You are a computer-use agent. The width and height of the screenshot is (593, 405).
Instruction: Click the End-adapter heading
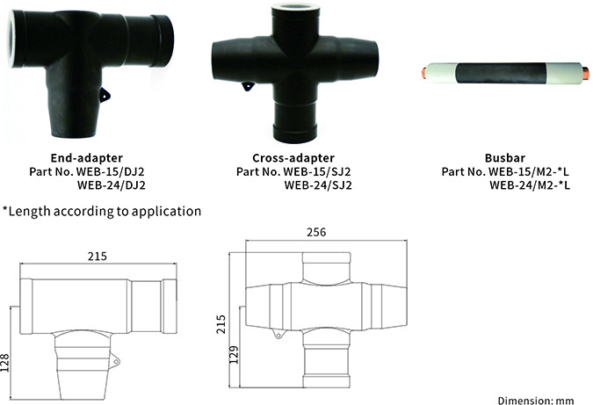[x=86, y=157]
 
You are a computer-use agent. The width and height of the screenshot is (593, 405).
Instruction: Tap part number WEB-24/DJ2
[x=111, y=184]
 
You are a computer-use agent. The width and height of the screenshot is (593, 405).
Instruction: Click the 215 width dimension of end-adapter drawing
[x=97, y=257]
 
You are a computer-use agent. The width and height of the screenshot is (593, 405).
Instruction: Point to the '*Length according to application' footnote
[x=102, y=211]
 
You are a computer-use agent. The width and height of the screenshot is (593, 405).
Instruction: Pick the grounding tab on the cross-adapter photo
[x=248, y=86]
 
